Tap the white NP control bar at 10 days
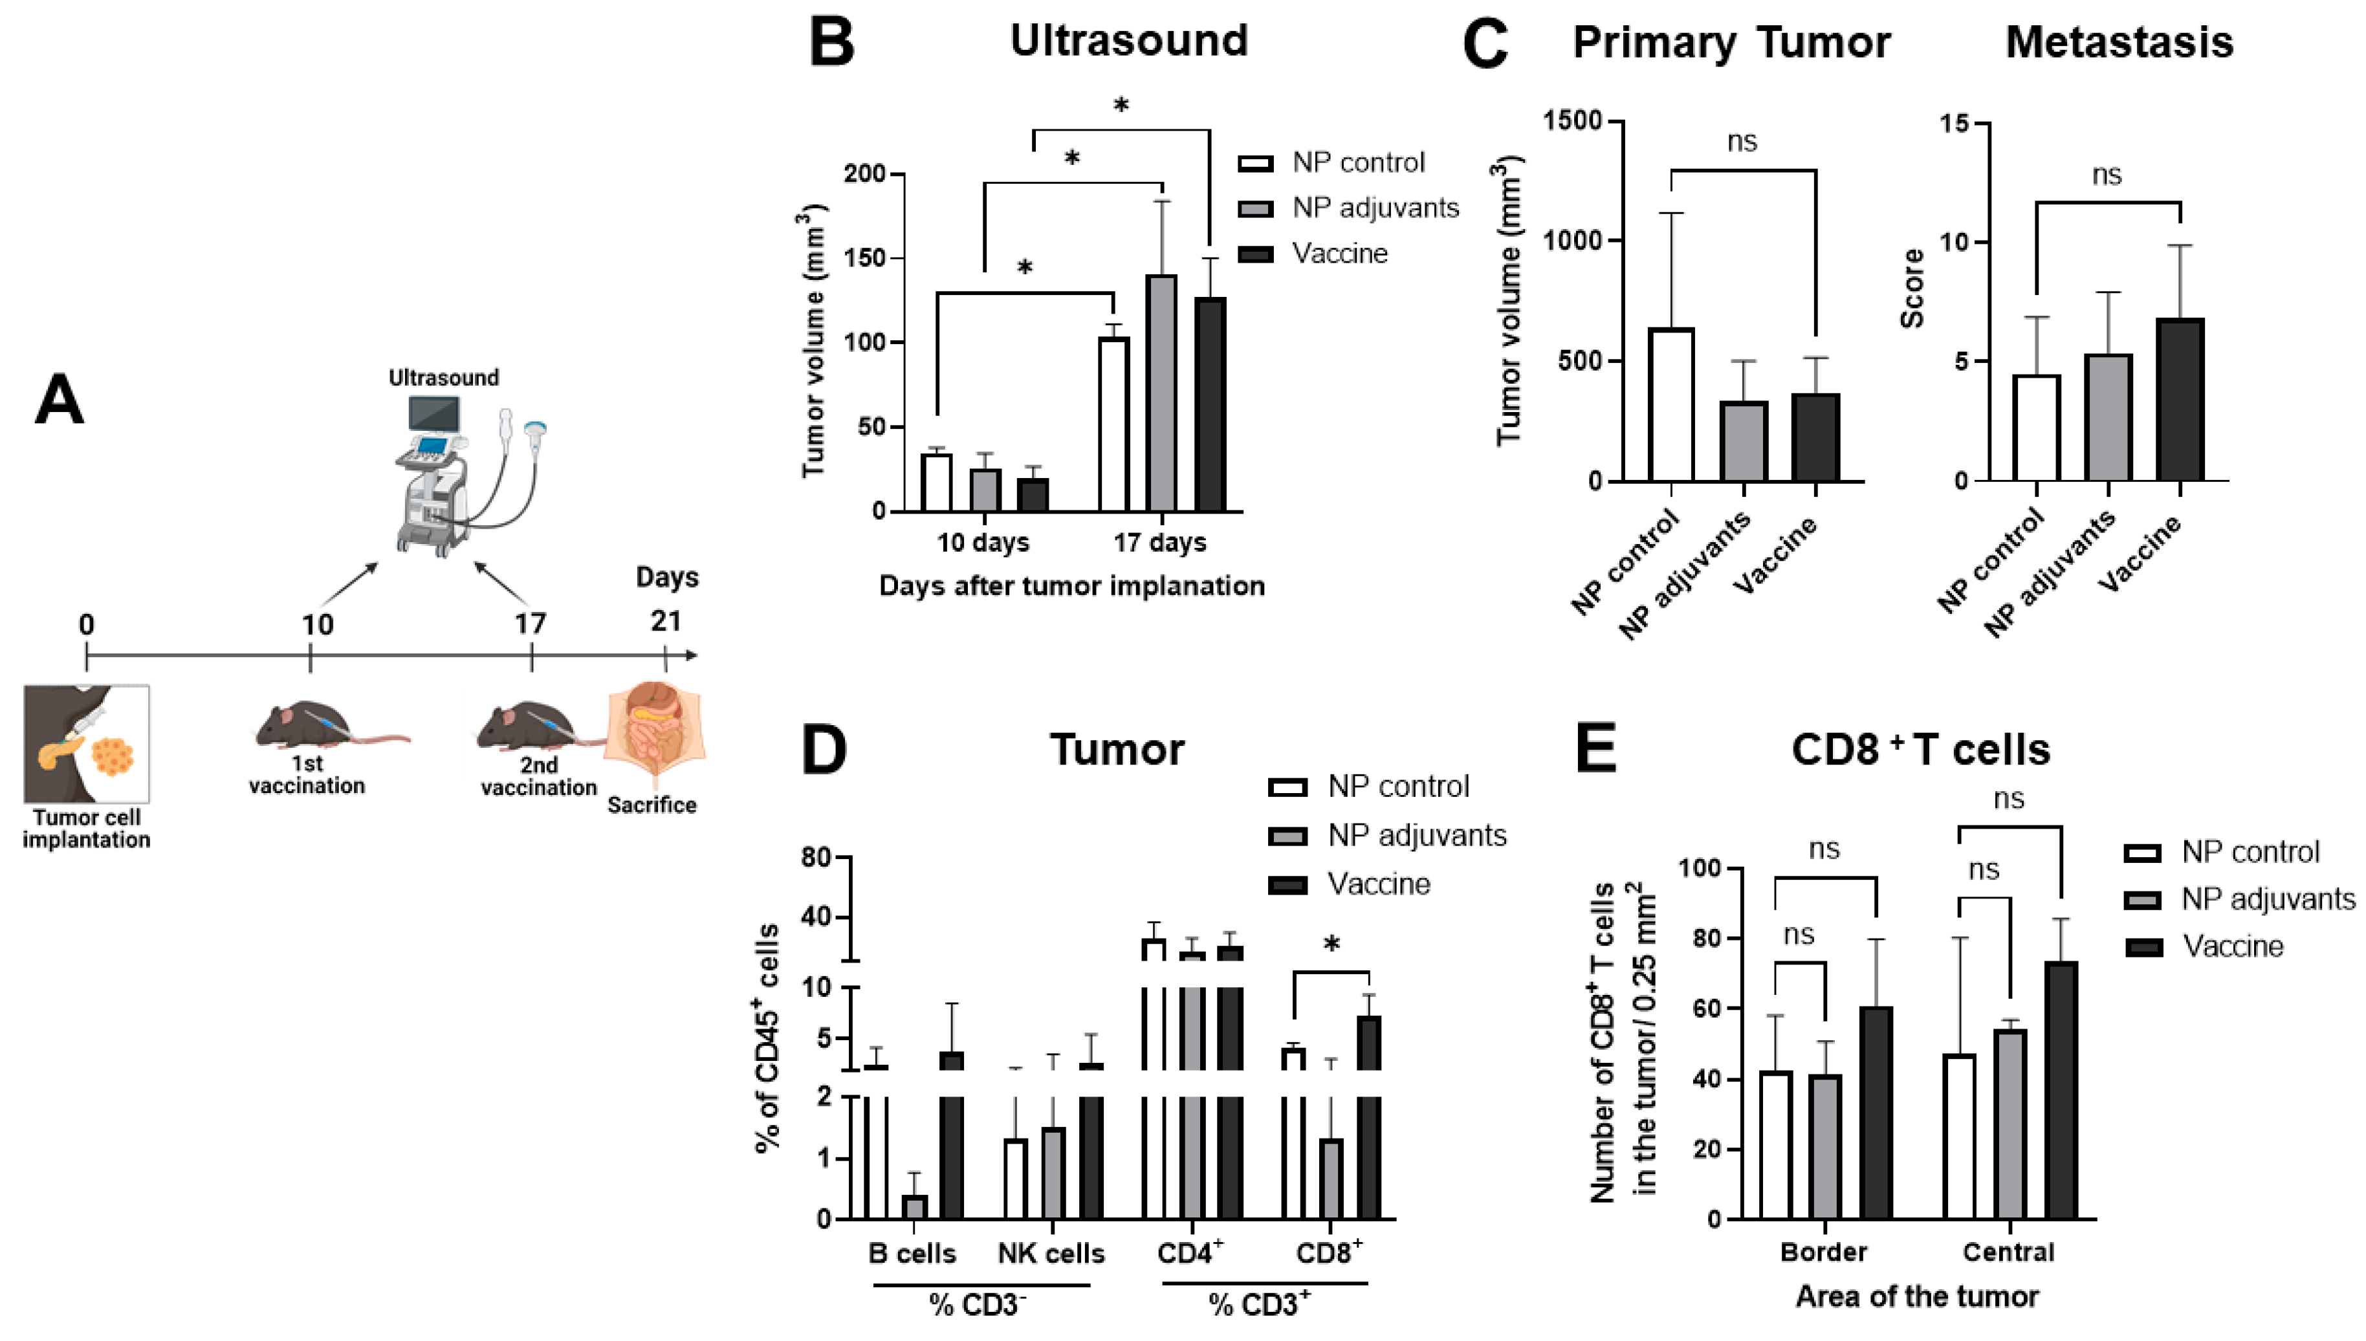(937, 483)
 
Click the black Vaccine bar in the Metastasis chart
(2180, 400)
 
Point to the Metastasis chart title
(2119, 42)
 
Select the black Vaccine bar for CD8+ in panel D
(1370, 1115)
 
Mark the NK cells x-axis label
(1051, 1254)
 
